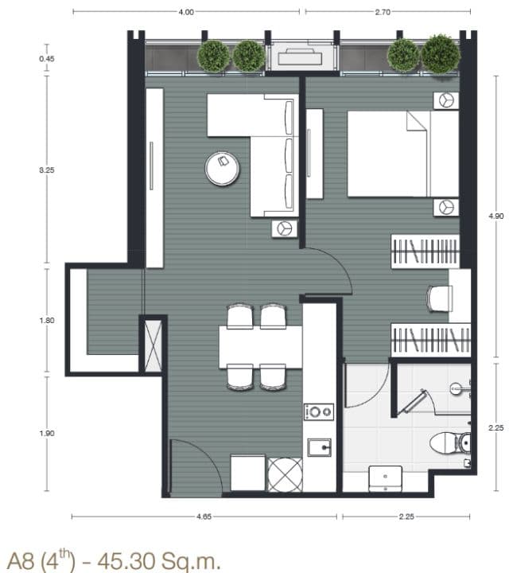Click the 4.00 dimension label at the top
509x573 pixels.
(186, 12)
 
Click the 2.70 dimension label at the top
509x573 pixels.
(383, 12)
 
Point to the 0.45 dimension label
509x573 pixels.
(47, 59)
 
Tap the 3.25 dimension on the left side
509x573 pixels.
(47, 170)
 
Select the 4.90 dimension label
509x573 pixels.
(495, 216)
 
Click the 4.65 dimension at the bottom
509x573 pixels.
(204, 516)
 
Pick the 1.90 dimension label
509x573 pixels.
(47, 434)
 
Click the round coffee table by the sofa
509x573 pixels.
(222, 169)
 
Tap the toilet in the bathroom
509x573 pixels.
(450, 443)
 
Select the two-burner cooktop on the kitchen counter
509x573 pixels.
(319, 412)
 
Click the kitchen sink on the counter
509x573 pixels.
(319, 447)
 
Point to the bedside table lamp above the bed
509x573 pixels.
(446, 100)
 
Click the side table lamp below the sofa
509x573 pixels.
(285, 228)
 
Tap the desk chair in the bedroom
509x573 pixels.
(440, 298)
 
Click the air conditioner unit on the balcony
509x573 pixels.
(300, 56)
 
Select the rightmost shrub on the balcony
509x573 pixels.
(441, 54)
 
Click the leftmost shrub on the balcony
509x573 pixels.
(214, 57)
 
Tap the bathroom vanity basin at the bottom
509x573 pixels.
(386, 479)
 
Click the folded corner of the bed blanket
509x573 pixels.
(417, 121)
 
